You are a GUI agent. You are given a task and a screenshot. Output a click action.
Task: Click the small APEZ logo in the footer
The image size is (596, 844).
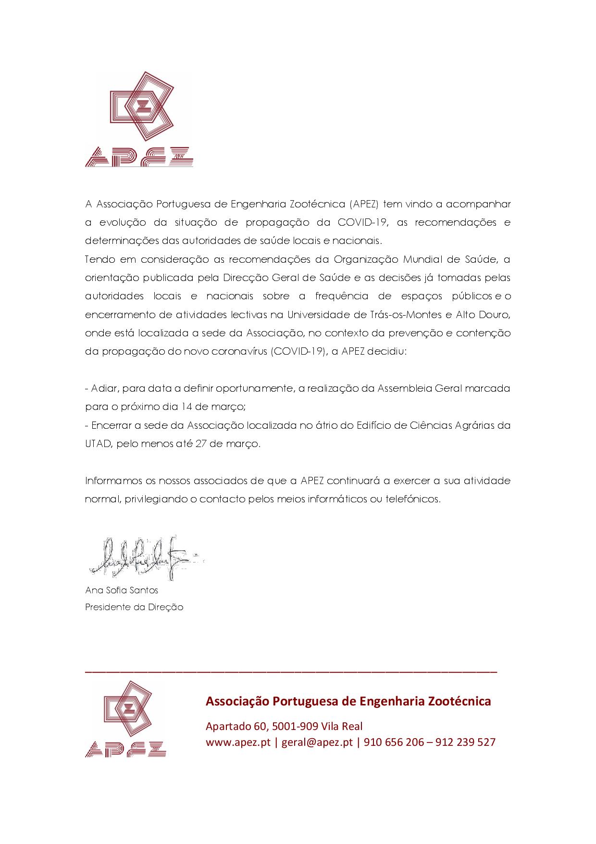click(126, 719)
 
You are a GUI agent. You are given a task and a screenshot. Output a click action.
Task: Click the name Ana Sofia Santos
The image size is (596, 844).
click(122, 590)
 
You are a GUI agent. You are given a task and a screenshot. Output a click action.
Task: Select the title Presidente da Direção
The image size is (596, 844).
click(134, 607)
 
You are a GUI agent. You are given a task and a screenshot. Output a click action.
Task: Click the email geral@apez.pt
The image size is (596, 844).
click(317, 742)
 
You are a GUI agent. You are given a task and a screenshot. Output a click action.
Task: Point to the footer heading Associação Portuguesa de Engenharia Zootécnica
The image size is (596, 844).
click(348, 701)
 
